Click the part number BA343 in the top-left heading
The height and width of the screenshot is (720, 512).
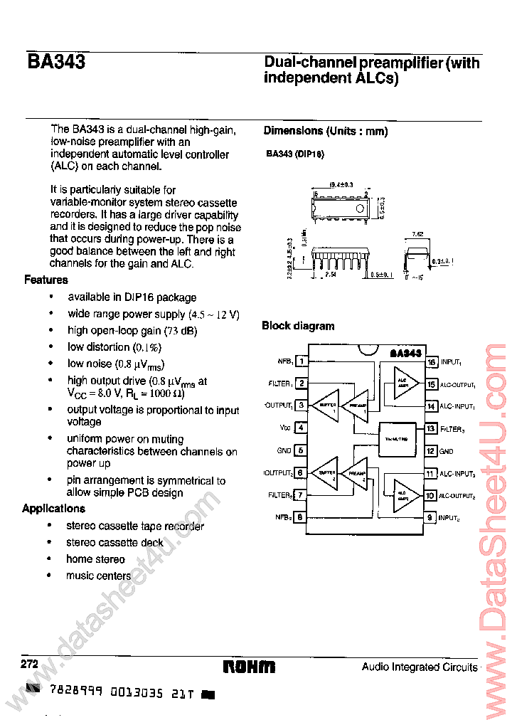[56, 63]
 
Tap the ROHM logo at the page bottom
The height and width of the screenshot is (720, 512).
[249, 667]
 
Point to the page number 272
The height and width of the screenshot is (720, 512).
[29, 663]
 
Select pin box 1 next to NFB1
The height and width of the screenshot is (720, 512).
[302, 361]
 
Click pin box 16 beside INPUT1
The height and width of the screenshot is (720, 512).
[431, 361]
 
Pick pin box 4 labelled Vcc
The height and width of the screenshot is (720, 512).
[302, 428]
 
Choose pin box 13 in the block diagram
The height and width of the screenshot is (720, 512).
[431, 428]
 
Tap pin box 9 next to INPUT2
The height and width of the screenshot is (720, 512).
[431, 518]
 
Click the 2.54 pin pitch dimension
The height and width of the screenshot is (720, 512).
[329, 273]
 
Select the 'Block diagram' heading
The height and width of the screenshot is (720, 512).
[298, 326]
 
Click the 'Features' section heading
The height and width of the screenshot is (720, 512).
[46, 280]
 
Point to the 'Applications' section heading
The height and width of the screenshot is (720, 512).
[53, 508]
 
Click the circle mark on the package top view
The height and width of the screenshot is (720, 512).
[359, 208]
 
